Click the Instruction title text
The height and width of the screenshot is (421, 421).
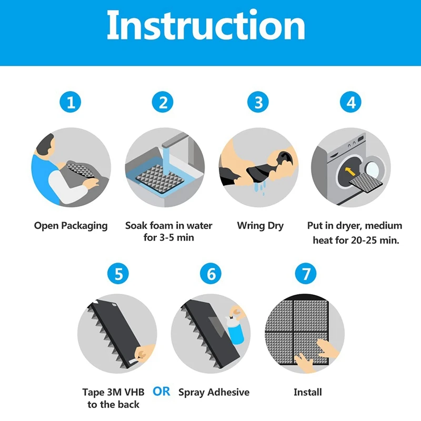206,25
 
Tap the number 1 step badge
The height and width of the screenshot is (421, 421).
71,102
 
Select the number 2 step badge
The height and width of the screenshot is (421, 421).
163,102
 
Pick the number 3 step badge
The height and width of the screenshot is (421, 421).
258,102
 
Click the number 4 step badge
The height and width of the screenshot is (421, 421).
350,102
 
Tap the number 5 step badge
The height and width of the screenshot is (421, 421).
118,274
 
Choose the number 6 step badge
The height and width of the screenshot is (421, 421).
211,274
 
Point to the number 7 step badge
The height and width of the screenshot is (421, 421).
306,274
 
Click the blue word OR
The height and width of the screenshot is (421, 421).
162,392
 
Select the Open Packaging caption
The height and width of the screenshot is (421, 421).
71,226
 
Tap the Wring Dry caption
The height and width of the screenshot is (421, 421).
260,226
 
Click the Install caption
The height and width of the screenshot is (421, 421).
308,392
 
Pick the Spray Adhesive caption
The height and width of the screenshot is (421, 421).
214,392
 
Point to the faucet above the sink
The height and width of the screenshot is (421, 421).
175,140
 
